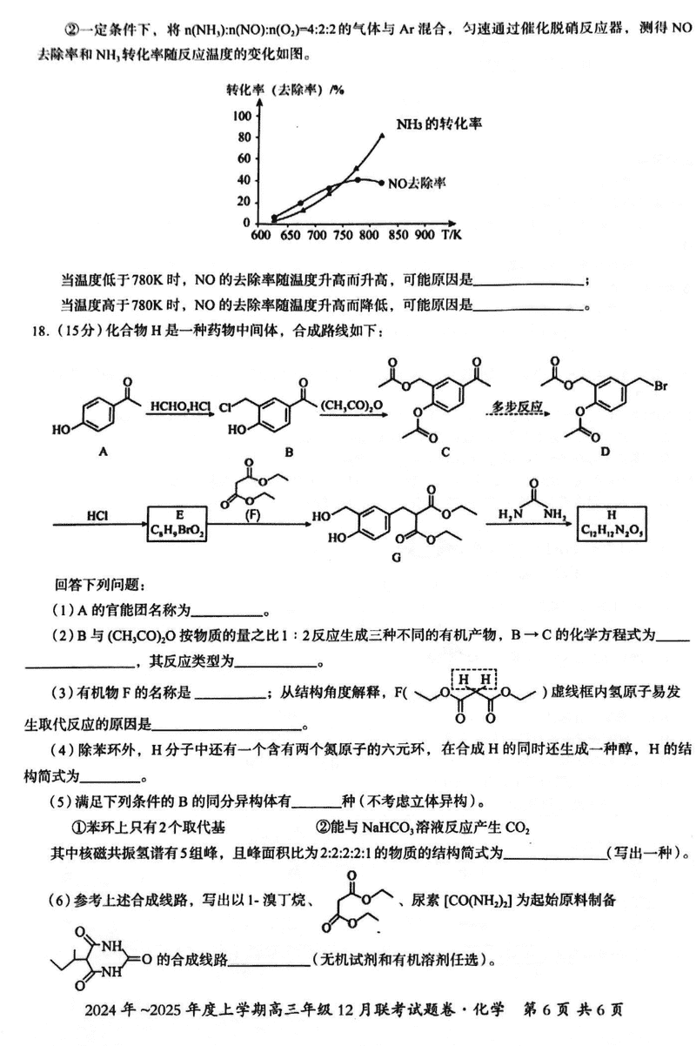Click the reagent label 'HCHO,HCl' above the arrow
tap(179, 406)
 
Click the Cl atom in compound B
tap(225, 406)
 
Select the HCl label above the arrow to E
tap(97, 516)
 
